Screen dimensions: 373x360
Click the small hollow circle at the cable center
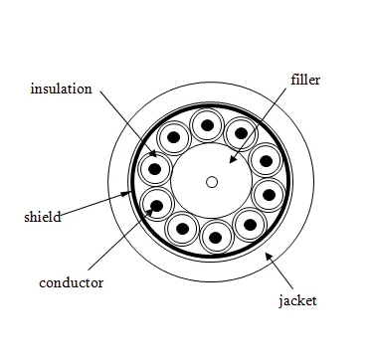[x=211, y=181]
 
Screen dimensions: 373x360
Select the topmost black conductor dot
[x=207, y=124]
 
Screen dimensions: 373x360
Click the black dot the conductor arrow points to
[x=156, y=207]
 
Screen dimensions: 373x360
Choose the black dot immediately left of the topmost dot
[x=173, y=136]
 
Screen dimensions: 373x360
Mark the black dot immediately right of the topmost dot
[x=240, y=133]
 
